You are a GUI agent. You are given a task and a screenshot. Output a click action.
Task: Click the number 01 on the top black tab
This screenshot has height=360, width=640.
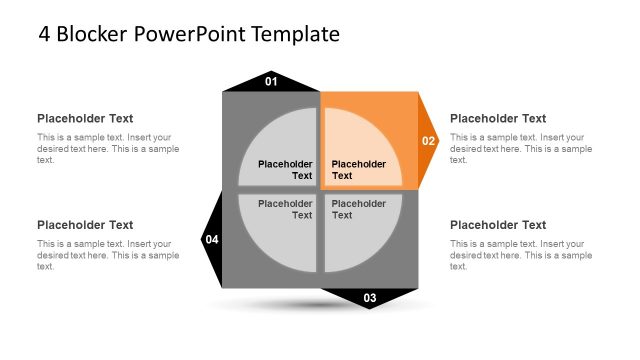tap(271, 82)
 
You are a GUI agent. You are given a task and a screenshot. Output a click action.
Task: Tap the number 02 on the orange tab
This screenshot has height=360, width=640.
tap(428, 141)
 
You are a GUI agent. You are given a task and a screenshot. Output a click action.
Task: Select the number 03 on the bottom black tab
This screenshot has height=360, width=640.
tap(370, 298)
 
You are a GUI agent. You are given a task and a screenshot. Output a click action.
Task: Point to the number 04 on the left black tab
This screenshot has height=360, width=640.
tap(212, 240)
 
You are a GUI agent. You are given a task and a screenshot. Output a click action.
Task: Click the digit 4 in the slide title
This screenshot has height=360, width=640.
tap(45, 34)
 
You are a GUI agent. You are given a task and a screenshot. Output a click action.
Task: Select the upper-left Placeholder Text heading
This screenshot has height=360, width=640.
tap(85, 118)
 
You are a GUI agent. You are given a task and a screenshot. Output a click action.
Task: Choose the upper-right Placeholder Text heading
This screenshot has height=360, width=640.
tap(498, 118)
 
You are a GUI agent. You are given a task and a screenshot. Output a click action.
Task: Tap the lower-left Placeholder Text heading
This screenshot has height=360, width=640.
tap(85, 225)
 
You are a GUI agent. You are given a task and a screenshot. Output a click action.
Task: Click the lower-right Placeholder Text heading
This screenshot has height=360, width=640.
tap(498, 225)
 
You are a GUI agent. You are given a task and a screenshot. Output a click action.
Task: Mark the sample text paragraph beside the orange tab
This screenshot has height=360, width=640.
tap(520, 148)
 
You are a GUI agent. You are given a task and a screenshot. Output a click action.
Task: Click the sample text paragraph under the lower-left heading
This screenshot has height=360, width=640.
tap(108, 255)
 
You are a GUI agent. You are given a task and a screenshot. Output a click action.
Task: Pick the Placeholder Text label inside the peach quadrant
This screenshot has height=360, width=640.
tap(358, 170)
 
